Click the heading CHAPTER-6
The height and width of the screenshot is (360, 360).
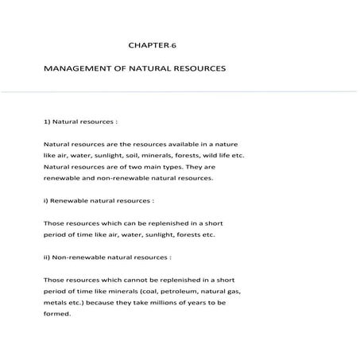coord(149,47)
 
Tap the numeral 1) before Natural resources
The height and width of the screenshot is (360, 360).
coord(48,123)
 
